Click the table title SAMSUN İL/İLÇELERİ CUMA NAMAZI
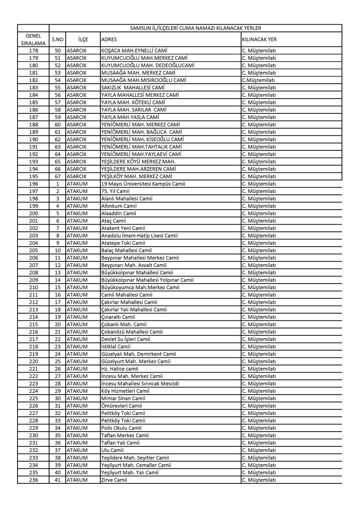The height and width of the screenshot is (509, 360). point(195,28)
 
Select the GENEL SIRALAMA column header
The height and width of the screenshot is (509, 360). point(33,39)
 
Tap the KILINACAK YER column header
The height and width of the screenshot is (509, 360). point(259,40)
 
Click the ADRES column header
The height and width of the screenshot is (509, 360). point(109,40)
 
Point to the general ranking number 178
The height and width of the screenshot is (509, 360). point(33,51)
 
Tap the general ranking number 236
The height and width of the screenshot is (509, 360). point(33,480)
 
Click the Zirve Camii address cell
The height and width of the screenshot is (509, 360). point(115,480)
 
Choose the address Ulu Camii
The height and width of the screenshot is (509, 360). point(113,450)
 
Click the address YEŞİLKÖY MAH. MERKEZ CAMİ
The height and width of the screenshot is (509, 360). point(137,176)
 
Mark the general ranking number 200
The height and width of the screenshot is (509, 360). point(33,213)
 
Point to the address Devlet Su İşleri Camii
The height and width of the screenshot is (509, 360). point(126,339)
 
